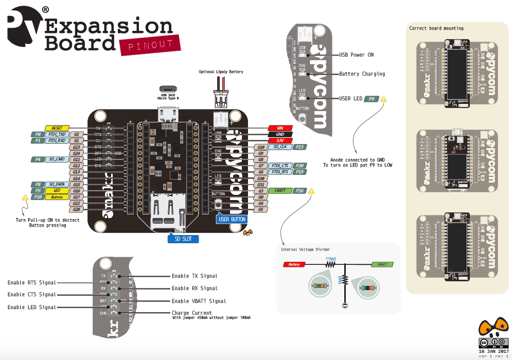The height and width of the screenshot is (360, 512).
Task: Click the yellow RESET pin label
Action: coord(57,128)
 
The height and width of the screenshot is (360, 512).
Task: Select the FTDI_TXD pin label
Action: coord(57,134)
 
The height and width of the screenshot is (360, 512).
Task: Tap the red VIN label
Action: coord(280,128)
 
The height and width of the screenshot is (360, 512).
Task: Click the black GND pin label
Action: coord(280,134)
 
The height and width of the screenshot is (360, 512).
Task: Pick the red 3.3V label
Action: coord(280,140)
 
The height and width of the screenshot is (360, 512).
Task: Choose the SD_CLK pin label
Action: coord(280,147)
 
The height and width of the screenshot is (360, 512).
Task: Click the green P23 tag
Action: coord(301,147)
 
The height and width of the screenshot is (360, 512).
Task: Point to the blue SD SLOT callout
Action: coord(183,239)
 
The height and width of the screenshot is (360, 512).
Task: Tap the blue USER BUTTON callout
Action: coord(231,219)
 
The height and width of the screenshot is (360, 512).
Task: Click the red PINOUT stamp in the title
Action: coord(150,45)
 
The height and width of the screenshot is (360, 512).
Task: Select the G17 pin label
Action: coord(76,197)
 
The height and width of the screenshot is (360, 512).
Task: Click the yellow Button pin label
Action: coord(57,197)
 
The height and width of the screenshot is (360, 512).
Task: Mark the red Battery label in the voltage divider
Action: coord(294,264)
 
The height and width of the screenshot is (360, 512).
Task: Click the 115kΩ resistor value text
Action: coord(331,259)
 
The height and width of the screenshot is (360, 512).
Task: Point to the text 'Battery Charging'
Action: coord(362,74)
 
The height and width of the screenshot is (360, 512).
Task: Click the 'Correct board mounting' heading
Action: coord(436,28)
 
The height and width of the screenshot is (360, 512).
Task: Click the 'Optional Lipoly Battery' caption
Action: coord(221,72)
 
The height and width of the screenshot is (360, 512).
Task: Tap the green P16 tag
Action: coord(301,191)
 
